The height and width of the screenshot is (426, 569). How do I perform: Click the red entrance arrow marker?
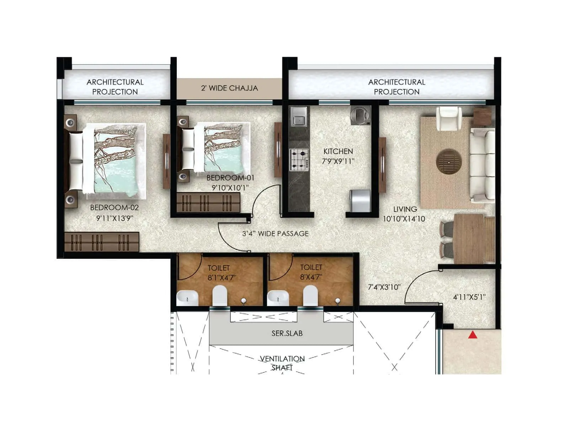(472, 334)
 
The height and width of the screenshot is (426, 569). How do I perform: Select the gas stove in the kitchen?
(299, 160)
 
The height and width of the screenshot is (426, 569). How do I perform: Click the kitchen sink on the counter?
(299, 117)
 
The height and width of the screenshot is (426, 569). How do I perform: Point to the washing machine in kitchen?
(360, 115)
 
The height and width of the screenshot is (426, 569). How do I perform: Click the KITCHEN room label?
(338, 151)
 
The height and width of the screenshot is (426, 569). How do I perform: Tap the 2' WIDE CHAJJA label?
(229, 88)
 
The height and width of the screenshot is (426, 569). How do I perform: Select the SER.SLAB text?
(287, 333)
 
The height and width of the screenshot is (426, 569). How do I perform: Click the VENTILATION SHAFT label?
(282, 363)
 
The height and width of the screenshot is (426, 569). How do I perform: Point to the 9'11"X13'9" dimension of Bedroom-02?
(115, 218)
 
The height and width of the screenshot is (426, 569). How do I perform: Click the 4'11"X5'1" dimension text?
(469, 297)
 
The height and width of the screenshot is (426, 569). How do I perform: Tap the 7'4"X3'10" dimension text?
(384, 287)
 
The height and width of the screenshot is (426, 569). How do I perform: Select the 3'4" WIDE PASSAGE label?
(275, 234)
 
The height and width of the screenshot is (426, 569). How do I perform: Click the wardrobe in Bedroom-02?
(101, 242)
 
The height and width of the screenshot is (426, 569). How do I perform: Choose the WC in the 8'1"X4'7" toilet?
(219, 295)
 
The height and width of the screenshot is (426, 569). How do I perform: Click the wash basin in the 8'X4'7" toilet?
(278, 297)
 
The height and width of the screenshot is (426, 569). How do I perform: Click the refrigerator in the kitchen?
(360, 201)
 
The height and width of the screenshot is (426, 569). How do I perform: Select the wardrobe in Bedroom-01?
(208, 203)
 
